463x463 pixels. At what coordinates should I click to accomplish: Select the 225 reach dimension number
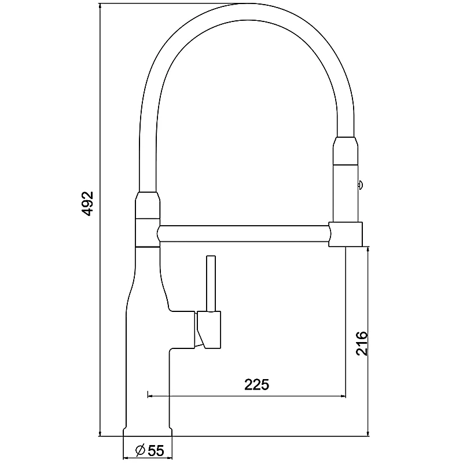(x=256, y=385)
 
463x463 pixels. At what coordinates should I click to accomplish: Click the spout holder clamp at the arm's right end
(x=346, y=234)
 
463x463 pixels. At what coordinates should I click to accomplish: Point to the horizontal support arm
(x=243, y=234)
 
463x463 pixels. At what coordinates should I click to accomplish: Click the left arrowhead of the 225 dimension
(x=151, y=396)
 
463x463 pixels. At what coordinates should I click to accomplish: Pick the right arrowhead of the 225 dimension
(x=342, y=396)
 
